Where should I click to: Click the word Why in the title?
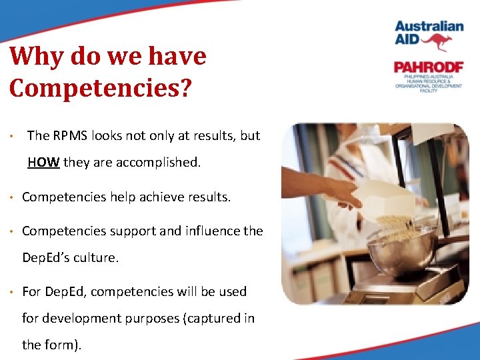(39, 57)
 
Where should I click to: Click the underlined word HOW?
(43, 162)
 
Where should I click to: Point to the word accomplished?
(161, 162)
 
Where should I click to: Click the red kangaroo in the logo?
(437, 41)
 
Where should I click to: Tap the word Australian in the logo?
(429, 26)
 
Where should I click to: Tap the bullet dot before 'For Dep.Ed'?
(13, 292)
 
